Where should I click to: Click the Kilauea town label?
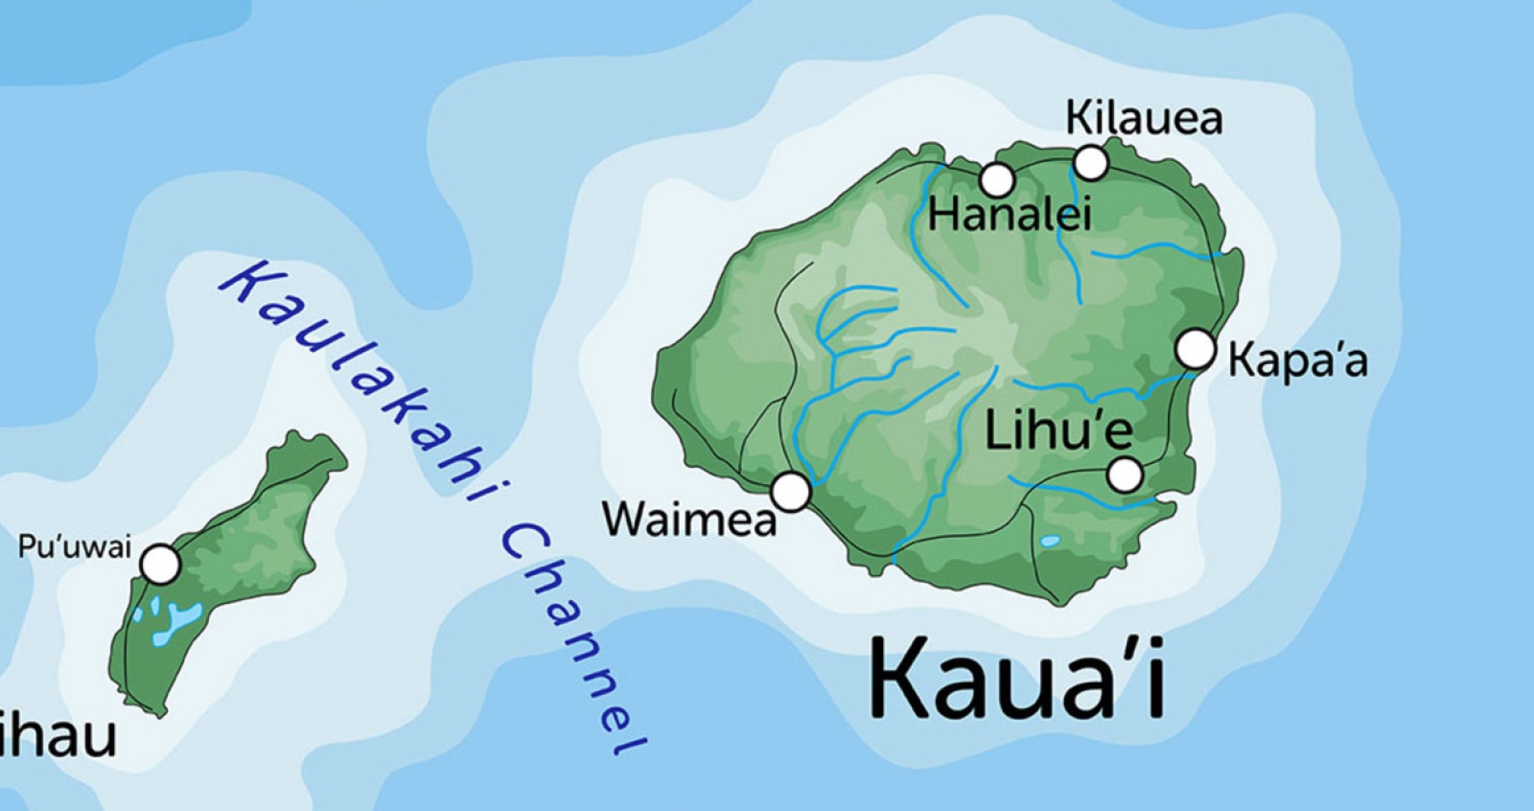[x=1144, y=119]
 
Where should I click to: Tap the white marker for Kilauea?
[x=1090, y=163]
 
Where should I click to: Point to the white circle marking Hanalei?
[x=997, y=179]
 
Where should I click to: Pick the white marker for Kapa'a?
[x=1196, y=349]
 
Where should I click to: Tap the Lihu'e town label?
[x=1058, y=430]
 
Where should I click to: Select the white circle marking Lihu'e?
[x=1125, y=475]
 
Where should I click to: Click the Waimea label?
[x=689, y=520]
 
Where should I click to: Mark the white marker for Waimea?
[x=791, y=492]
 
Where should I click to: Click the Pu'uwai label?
[x=75, y=547]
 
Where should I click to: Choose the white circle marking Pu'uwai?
[x=161, y=565]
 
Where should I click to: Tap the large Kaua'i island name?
[x=1016, y=679]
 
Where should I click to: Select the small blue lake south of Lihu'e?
[x=1051, y=542]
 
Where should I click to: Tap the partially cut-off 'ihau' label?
[x=58, y=736]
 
